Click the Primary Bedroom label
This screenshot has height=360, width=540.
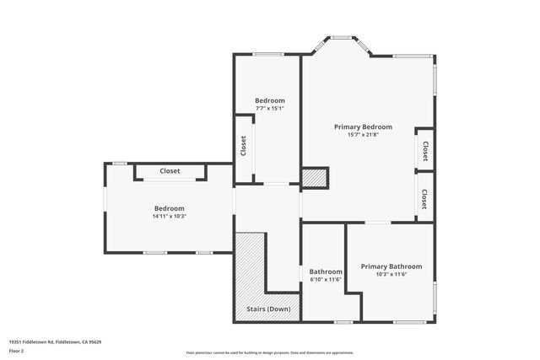(x=363, y=127)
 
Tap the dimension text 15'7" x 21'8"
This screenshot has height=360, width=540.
(x=363, y=135)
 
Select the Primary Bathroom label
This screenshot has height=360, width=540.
(x=391, y=266)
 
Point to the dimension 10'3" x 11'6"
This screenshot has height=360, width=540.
(x=391, y=274)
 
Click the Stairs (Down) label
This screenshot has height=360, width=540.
(x=268, y=309)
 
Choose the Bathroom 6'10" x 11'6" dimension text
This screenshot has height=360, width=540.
(x=326, y=279)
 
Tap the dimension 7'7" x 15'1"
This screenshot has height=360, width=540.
(x=270, y=108)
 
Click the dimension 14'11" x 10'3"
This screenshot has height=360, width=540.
(x=169, y=216)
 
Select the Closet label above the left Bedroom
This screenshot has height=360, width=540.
(x=170, y=171)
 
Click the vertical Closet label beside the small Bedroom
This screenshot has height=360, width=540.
(x=244, y=147)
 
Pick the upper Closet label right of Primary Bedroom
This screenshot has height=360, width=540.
(x=425, y=151)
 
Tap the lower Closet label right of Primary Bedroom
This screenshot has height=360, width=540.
(x=424, y=199)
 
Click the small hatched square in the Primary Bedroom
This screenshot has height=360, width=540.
(x=314, y=178)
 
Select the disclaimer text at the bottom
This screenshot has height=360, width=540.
(x=270, y=352)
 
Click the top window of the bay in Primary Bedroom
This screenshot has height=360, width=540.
(x=342, y=37)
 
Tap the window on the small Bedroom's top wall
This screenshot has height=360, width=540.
(x=268, y=55)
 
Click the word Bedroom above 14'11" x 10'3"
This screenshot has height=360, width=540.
(x=169, y=208)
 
